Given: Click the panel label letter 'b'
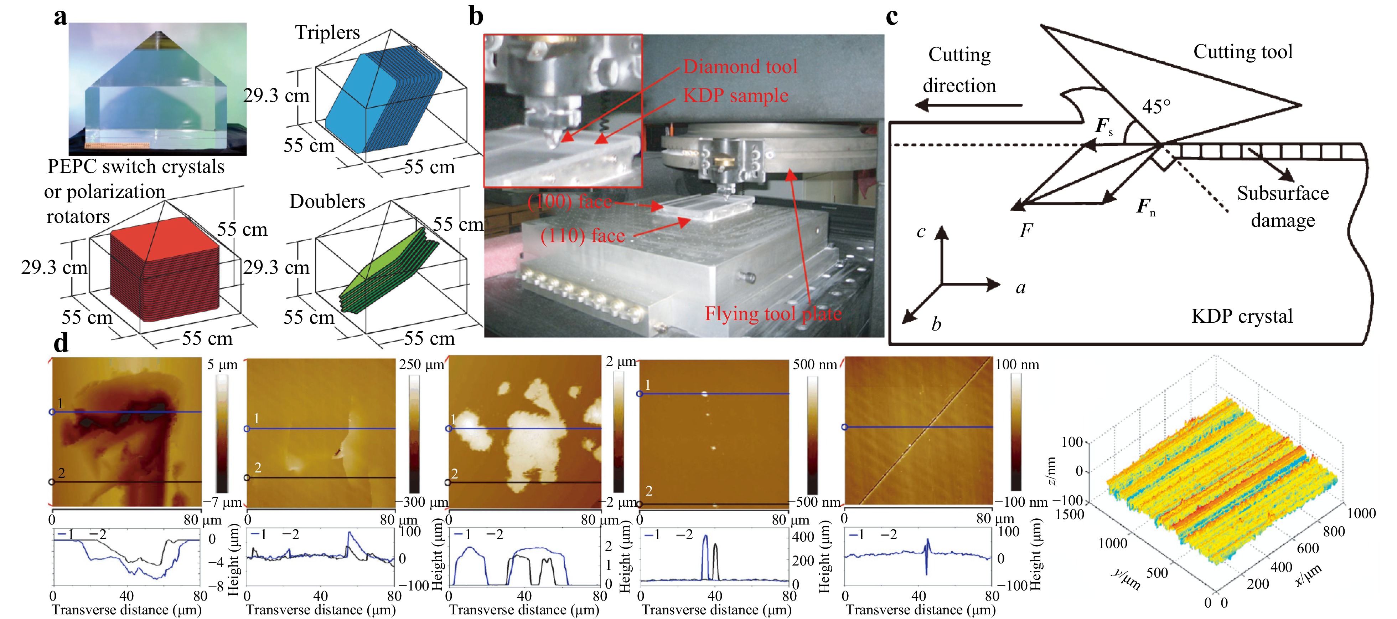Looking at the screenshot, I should click(476, 16).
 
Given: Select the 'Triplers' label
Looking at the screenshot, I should click(327, 32).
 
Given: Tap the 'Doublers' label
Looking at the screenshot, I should click(327, 201).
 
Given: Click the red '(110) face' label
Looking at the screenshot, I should click(583, 235).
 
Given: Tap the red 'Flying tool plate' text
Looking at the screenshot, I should click(773, 313).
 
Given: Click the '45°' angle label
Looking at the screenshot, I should click(1156, 106).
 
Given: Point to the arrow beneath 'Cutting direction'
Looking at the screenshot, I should click(968, 105).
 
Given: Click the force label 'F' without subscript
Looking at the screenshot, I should click(1025, 231).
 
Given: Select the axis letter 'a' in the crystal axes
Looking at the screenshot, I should click(1021, 287).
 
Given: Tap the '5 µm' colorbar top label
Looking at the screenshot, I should click(222, 364).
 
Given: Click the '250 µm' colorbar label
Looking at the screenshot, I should click(421, 364).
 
